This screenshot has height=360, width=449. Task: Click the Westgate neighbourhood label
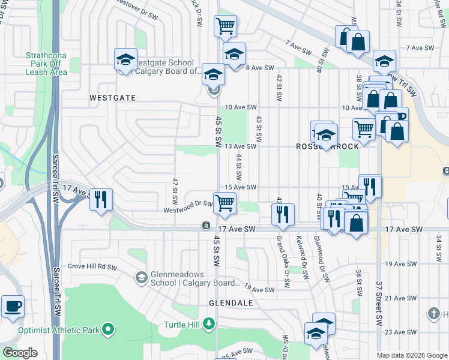point(112,97)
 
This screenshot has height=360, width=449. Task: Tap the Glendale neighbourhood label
point(231,303)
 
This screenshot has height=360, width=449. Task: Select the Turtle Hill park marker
point(208,324)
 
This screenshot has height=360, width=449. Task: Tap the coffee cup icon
point(13,306)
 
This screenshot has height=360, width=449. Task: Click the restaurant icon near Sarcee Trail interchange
point(101,199)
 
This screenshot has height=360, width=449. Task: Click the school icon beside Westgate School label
point(126,59)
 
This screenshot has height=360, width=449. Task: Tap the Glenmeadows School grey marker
point(141,277)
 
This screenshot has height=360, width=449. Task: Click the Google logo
point(20,353)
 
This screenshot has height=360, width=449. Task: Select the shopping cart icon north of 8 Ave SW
point(225,26)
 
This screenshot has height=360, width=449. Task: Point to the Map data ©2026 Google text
point(411,355)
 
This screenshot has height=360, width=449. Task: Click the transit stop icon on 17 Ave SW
point(206,226)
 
